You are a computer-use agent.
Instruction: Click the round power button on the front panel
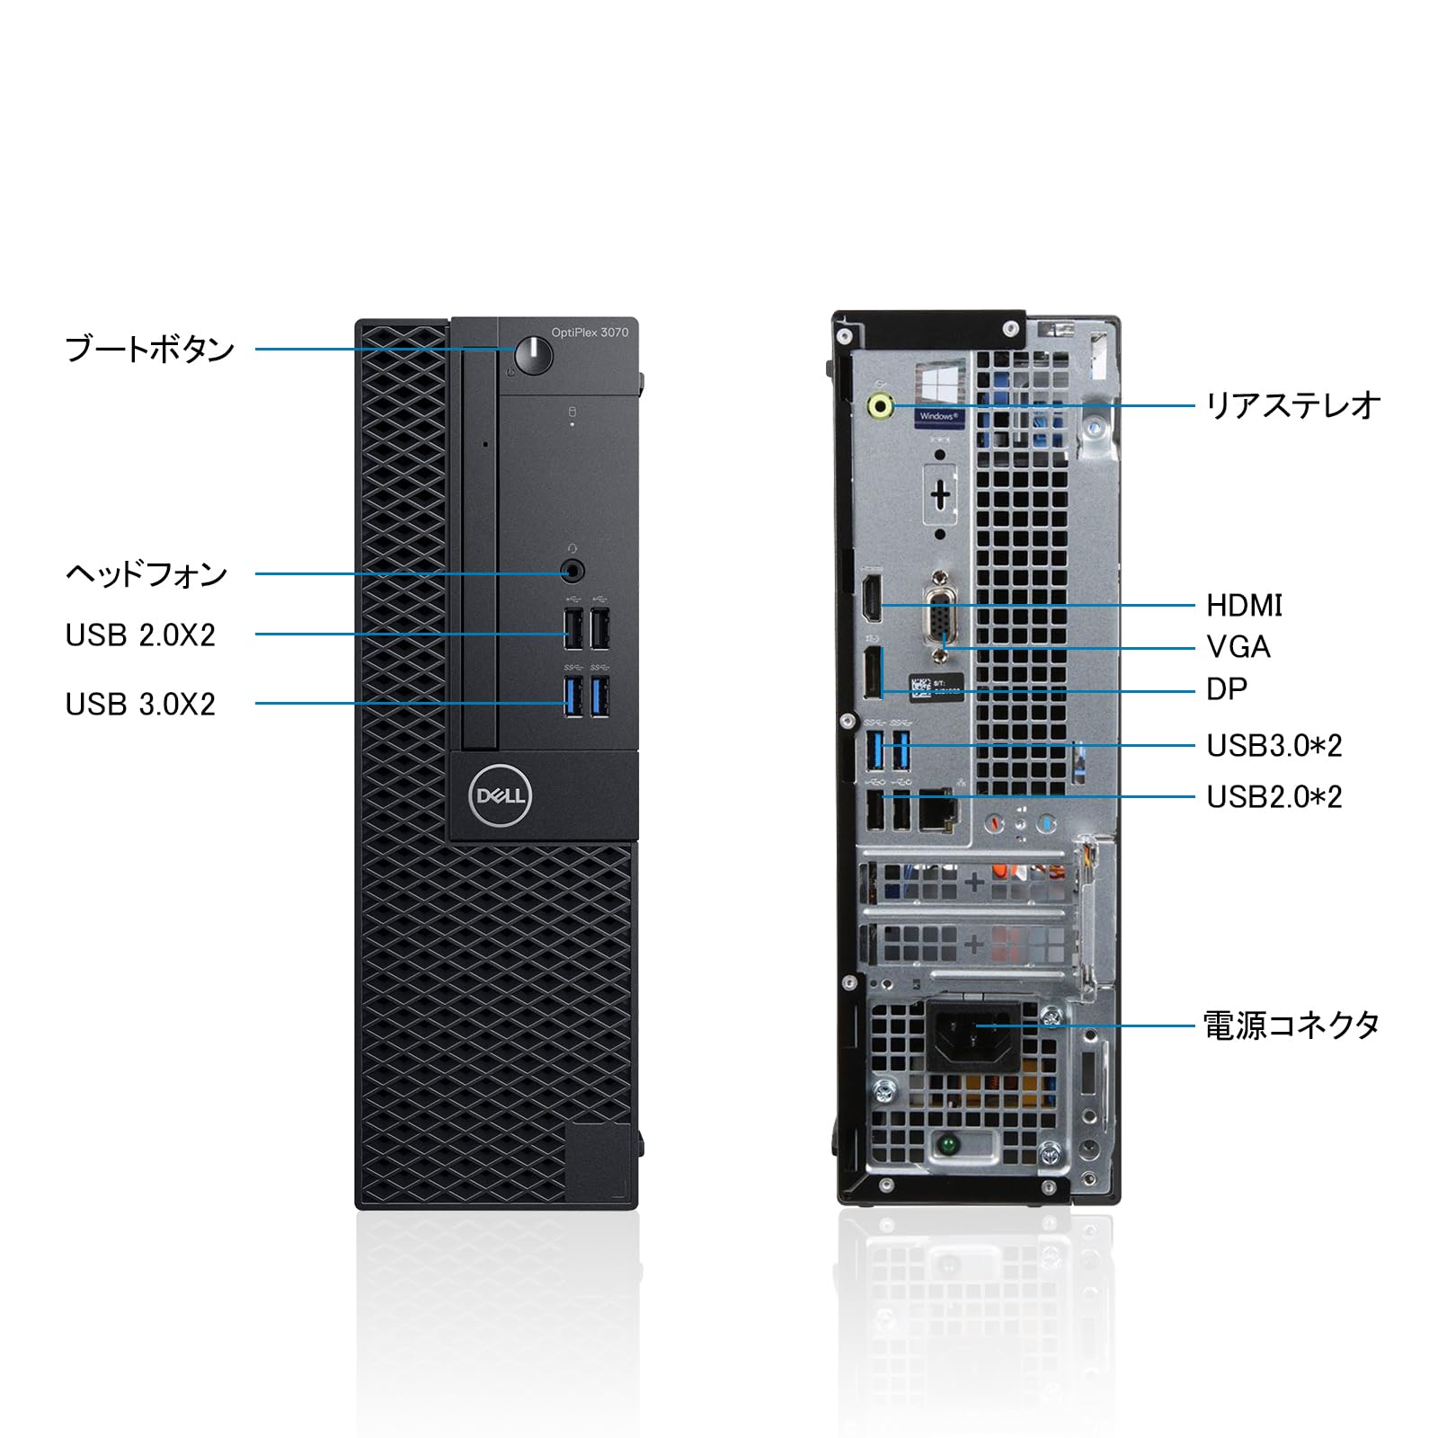point(534,355)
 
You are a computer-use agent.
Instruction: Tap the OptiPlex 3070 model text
point(590,333)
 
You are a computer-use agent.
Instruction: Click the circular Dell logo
point(501,795)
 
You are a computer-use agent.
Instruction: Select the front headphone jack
point(572,571)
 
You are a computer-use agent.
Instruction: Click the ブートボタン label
point(149,349)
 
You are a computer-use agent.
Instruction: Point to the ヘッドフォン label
point(146,573)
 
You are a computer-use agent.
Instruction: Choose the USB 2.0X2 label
point(140,635)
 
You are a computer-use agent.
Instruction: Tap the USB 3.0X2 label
point(140,705)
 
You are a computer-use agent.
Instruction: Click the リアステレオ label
point(1292,405)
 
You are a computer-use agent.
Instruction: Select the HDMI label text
point(1244,606)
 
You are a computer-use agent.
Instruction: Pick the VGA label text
point(1238,647)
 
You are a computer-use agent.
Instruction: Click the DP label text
point(1227,689)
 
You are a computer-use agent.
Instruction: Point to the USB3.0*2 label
point(1274,746)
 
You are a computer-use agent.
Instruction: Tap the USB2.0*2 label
point(1274,797)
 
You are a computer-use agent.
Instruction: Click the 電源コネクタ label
point(1292,1025)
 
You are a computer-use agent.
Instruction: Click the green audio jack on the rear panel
point(880,406)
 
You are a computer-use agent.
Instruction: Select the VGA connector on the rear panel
point(940,620)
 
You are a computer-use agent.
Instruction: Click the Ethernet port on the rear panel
point(936,812)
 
